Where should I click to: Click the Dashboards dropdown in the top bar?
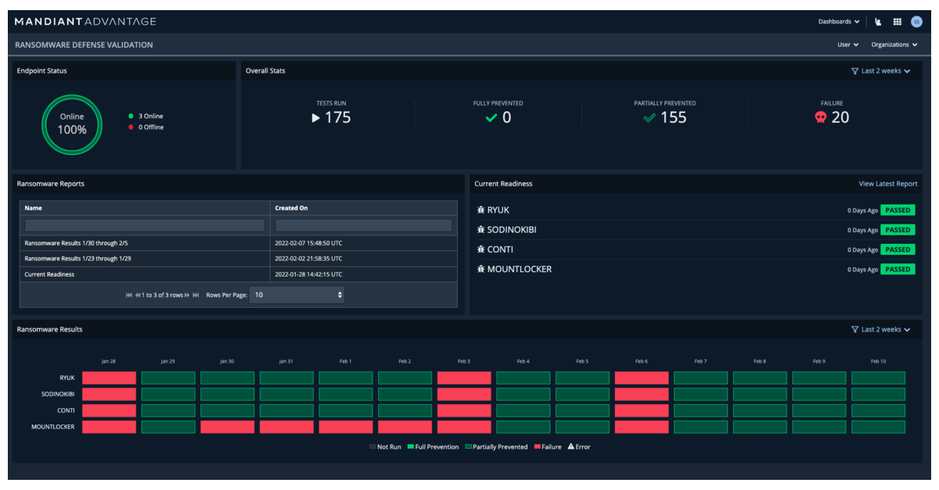(x=838, y=22)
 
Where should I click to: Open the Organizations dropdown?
(x=894, y=45)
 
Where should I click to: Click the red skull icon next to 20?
(x=820, y=117)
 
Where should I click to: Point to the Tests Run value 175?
(x=337, y=117)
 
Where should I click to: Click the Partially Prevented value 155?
(x=672, y=117)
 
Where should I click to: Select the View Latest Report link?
(x=887, y=184)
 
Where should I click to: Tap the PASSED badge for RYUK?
(x=898, y=210)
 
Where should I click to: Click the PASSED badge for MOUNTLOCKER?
(x=898, y=269)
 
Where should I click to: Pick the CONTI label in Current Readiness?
(x=500, y=249)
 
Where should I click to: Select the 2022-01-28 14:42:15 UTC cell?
(x=308, y=274)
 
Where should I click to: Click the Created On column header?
(x=292, y=208)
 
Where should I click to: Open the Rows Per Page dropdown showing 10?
(x=297, y=295)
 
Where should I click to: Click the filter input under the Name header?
(x=145, y=225)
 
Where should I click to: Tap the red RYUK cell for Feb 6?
(x=642, y=377)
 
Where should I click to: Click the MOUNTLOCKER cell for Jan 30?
(x=227, y=427)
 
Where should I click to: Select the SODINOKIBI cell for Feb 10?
(x=878, y=395)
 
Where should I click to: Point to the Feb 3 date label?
(x=463, y=361)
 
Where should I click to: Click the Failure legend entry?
(x=548, y=447)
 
